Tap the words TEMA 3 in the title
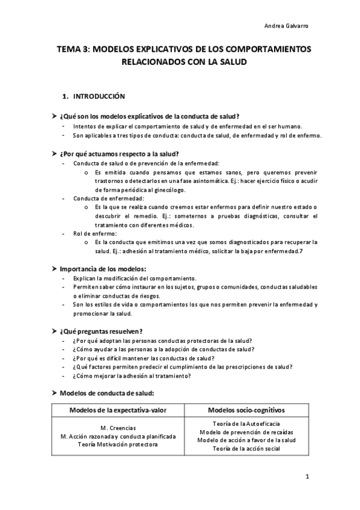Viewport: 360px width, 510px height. [72, 51]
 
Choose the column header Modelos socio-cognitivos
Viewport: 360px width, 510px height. [246, 410]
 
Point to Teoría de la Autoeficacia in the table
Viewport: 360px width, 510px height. [246, 424]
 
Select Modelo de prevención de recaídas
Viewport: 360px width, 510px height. [246, 432]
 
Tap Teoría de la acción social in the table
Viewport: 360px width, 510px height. [246, 448]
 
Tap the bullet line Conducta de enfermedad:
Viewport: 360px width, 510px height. [108, 198]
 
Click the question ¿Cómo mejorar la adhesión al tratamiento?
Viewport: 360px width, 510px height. [132, 376]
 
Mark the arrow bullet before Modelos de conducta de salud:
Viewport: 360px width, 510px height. [55, 393]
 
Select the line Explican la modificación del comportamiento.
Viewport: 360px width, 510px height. [135, 278]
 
